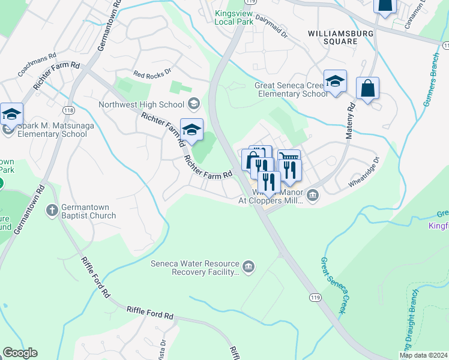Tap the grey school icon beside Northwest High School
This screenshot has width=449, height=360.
194,104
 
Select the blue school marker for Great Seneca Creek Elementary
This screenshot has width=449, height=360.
335,81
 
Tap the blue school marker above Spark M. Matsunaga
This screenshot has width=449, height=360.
11,113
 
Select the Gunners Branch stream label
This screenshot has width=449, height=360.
431,80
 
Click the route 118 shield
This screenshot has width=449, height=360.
68,111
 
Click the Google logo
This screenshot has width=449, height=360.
20,353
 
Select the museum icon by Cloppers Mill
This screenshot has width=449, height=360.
313,196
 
